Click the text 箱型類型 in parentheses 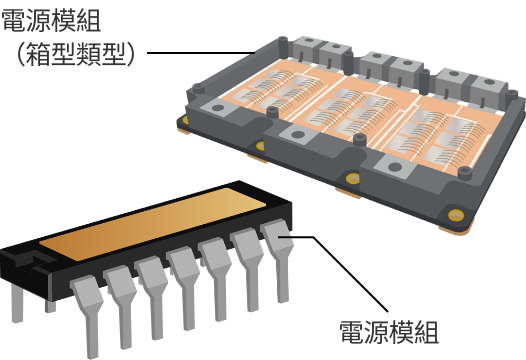[75, 54]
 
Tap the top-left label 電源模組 [51, 21]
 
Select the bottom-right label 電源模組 [389, 332]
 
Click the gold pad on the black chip [153, 224]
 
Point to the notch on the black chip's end [31, 262]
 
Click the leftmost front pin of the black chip [88, 312]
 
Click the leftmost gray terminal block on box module [306, 50]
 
